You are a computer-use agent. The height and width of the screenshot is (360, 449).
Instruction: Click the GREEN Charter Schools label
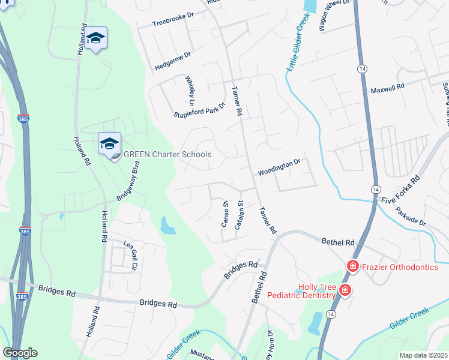pos(167,154)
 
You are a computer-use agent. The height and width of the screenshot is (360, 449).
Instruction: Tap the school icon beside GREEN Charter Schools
pos(110,143)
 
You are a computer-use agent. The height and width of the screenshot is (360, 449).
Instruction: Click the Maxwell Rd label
pos(387,88)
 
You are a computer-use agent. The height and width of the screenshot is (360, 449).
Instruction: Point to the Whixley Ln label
pos(191,88)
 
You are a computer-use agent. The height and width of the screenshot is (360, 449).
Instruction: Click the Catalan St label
pos(239,214)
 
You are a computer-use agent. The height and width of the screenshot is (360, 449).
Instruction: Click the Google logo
pos(20,353)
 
